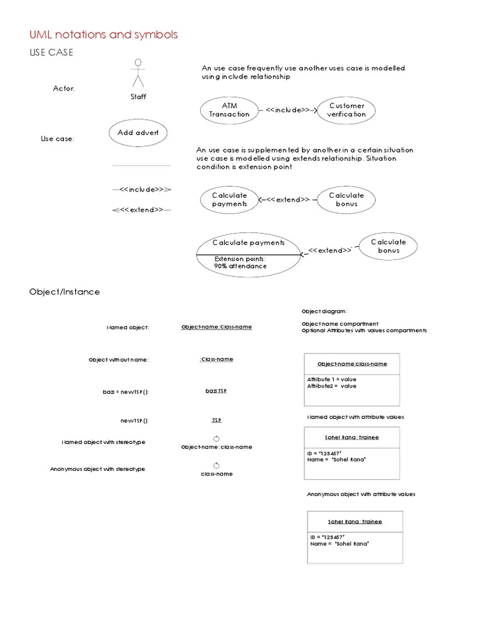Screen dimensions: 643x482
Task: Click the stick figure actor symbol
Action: click(138, 73)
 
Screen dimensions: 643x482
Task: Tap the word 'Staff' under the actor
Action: click(138, 97)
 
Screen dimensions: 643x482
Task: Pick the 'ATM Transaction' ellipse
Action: click(228, 110)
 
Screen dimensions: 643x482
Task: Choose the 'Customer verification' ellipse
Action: click(346, 110)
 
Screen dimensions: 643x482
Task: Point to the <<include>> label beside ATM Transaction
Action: click(287, 110)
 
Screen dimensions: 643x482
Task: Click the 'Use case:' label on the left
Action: click(58, 139)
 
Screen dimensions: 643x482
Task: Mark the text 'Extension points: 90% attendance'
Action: click(240, 262)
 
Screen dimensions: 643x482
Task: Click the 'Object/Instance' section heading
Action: click(65, 292)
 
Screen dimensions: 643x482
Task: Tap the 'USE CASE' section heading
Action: click(52, 53)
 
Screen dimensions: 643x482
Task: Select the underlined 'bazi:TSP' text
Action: click(216, 391)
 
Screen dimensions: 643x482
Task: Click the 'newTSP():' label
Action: click(135, 420)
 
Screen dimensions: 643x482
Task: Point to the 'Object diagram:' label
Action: click(324, 311)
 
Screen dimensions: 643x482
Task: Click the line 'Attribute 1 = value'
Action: click(332, 379)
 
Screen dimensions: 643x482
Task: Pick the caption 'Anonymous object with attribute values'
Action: click(361, 494)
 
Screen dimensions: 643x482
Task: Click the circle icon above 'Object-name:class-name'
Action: click(216, 438)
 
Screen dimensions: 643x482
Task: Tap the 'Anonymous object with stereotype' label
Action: click(97, 469)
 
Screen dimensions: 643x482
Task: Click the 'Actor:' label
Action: click(63, 89)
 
